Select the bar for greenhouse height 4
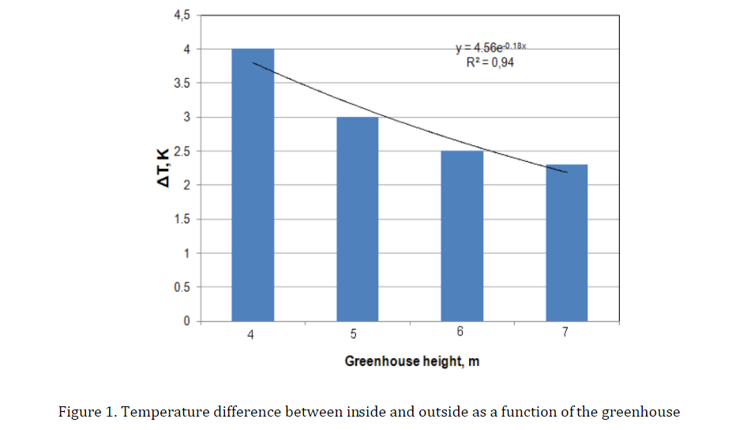point(253,185)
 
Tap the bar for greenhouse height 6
point(462,236)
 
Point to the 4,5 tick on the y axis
point(182,16)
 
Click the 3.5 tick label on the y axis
point(182,84)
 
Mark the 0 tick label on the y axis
point(187,322)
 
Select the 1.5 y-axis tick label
point(182,219)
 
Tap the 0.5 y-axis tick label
point(182,287)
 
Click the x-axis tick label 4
point(250,335)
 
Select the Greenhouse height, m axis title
point(412,361)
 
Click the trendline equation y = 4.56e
point(490,47)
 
